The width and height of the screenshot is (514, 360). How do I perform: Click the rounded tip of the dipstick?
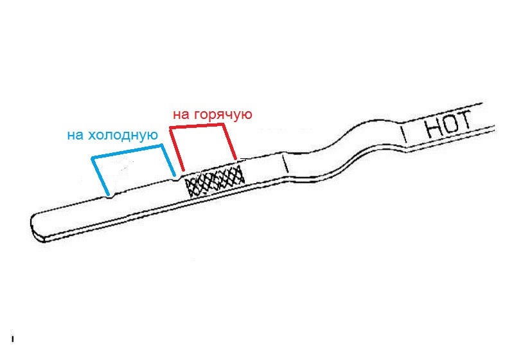(36, 226)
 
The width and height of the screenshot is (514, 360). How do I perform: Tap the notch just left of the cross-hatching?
(179, 179)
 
